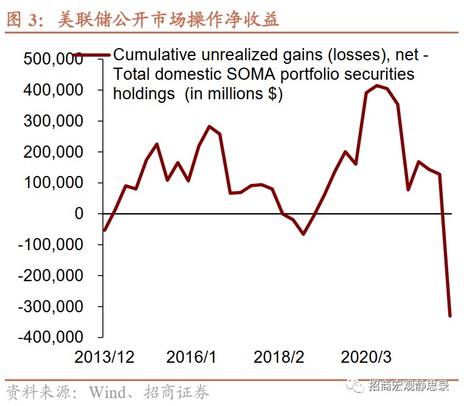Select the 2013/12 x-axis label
[x=104, y=357]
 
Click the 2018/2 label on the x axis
[x=279, y=357]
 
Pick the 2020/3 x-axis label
[x=365, y=357]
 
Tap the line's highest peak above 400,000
[x=377, y=86]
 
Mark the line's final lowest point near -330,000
[x=450, y=315]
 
